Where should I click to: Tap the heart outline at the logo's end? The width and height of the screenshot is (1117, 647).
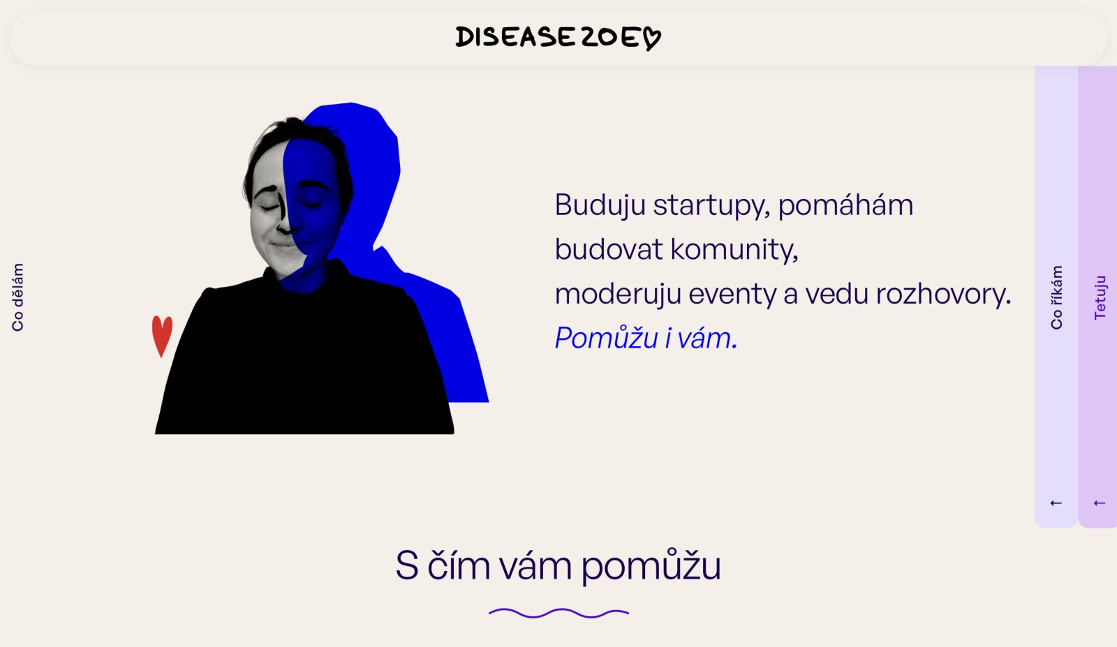[651, 38]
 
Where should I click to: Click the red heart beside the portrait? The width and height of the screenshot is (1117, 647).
[162, 336]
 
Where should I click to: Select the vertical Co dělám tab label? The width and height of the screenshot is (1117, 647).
[17, 297]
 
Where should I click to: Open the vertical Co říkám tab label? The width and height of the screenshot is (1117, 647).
[1056, 297]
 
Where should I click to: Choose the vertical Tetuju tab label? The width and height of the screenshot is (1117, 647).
[1100, 297]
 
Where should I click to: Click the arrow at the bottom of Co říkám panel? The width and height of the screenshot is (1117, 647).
[1056, 503]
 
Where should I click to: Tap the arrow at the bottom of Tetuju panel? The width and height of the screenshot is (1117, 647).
[1099, 503]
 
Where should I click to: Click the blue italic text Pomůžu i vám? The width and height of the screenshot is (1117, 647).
[646, 338]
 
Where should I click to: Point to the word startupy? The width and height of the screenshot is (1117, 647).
[711, 205]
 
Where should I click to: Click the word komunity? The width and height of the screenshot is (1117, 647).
[734, 249]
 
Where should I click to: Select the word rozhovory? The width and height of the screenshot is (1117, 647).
[943, 294]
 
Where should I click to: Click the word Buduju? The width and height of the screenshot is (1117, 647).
[600, 205]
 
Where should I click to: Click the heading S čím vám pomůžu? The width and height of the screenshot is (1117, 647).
[558, 565]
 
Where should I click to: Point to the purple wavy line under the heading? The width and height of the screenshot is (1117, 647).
[558, 613]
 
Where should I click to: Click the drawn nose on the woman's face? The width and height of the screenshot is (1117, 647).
[283, 214]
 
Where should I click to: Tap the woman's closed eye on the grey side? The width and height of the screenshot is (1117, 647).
[269, 207]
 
